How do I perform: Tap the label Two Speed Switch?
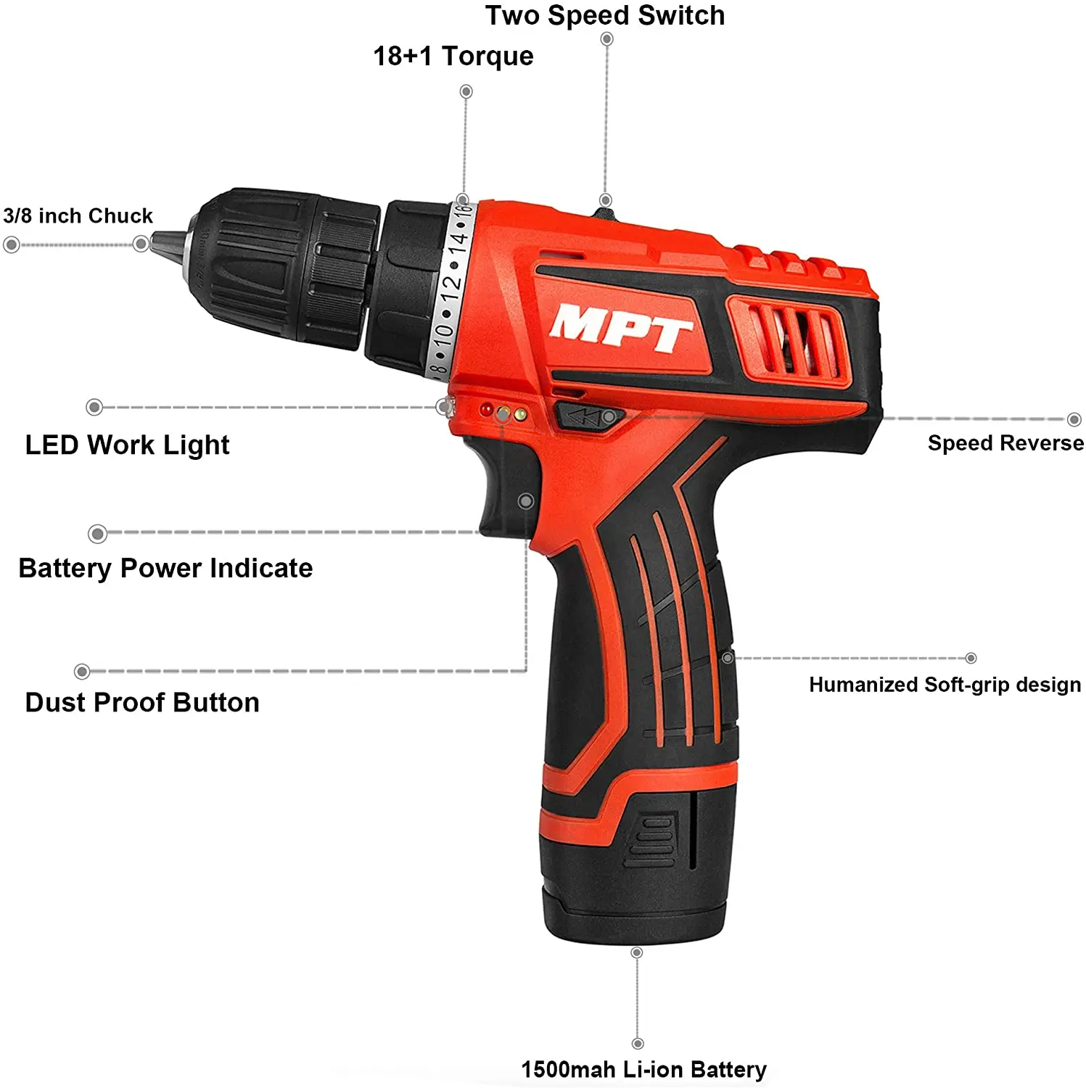click(x=604, y=15)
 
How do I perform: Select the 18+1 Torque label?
click(x=453, y=56)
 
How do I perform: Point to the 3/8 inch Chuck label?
click(x=78, y=216)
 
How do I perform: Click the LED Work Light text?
click(x=127, y=445)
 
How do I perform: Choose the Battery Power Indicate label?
click(x=165, y=568)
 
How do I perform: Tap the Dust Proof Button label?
click(x=142, y=702)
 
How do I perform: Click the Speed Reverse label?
click(x=1005, y=443)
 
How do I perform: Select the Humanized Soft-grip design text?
click(x=945, y=685)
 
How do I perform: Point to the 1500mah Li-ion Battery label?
click(x=643, y=1069)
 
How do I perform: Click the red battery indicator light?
click(x=486, y=411)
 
